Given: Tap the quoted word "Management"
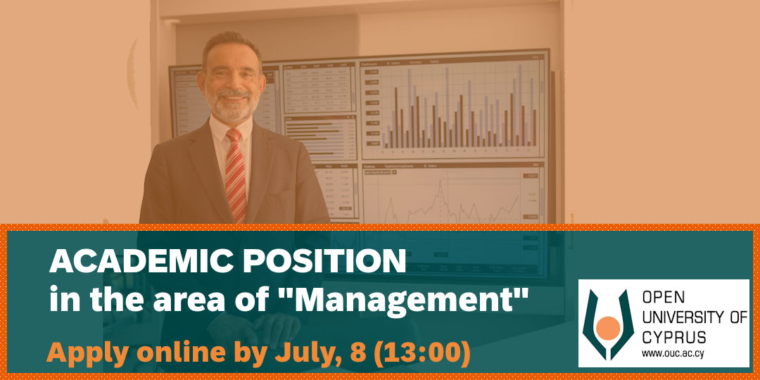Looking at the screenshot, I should pyautogui.click(x=413, y=299).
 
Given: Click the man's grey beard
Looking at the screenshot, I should pyautogui.click(x=233, y=109).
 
